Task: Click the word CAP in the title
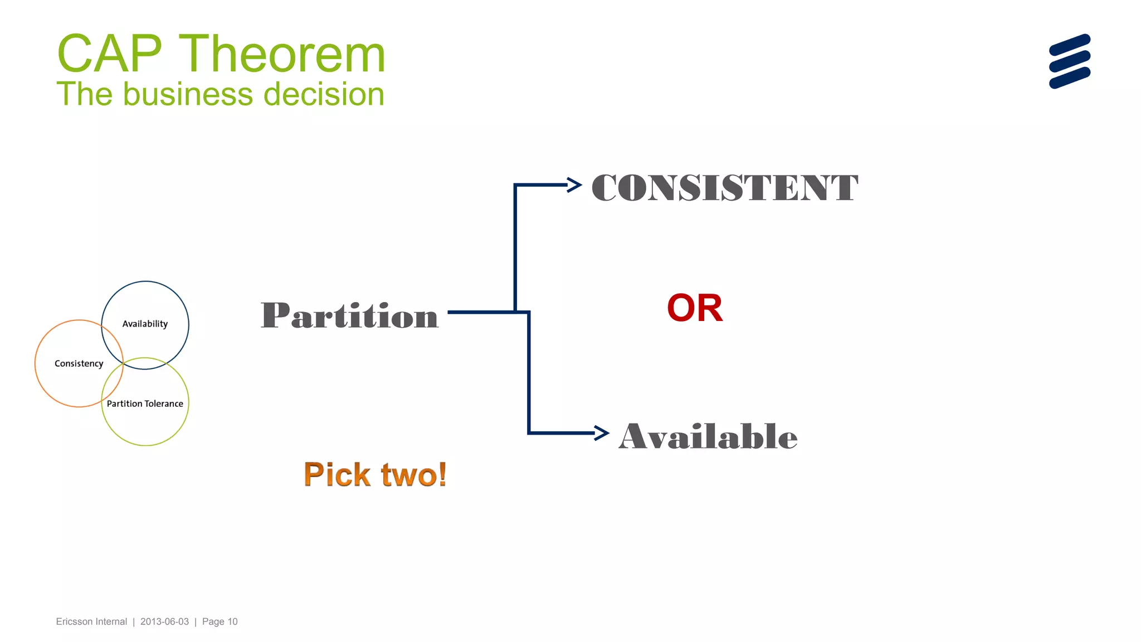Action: pos(109,54)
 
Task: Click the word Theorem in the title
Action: pos(282,54)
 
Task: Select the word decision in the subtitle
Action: pos(324,94)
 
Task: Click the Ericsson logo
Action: pos(1069,61)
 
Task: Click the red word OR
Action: pos(695,308)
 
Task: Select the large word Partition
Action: pos(349,315)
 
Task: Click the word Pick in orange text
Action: pos(337,475)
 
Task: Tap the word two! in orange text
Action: pos(414,475)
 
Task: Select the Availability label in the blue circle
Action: pos(145,324)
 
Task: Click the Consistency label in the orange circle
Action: pos(79,363)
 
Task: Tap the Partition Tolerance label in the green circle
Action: pos(145,403)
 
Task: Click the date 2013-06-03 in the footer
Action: pos(164,621)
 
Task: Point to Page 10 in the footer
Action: pos(220,621)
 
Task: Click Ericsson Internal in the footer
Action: pos(91,621)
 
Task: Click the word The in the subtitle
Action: pos(85,94)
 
